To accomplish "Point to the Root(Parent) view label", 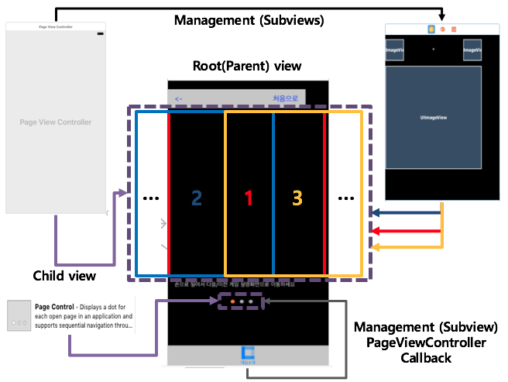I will (247, 66).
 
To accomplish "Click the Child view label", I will (64, 276).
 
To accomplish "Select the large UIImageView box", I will (434, 118).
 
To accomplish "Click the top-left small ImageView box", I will (395, 50).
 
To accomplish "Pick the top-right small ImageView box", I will (472, 50).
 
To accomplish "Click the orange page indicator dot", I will (233, 302).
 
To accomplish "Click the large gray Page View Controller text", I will (55, 122).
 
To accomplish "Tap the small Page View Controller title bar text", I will (55, 26).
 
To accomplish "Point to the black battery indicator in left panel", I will (100, 33).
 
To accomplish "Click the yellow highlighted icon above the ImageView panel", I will (431, 29).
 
